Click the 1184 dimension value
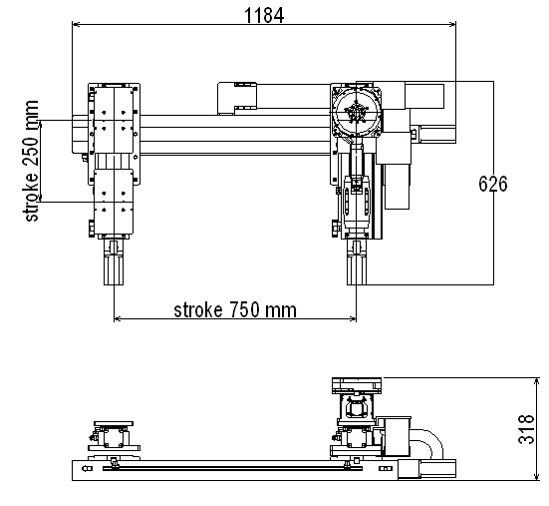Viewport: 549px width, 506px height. [x=264, y=16]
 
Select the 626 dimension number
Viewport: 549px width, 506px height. [x=492, y=184]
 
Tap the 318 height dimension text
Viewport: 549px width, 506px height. [x=526, y=429]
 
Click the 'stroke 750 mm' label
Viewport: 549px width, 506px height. [x=235, y=310]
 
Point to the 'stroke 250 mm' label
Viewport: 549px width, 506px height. [x=31, y=161]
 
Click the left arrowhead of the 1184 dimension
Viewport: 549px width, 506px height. [x=76, y=24]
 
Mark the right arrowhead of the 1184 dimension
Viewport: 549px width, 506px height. [x=452, y=24]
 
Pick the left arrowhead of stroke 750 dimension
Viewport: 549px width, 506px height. [x=118, y=318]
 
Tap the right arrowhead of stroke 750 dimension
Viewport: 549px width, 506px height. [x=353, y=318]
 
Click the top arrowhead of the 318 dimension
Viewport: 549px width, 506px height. [x=536, y=382]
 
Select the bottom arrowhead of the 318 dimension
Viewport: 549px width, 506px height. [x=536, y=476]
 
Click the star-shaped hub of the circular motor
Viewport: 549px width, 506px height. [x=356, y=112]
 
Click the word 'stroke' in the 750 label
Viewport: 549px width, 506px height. [x=198, y=310]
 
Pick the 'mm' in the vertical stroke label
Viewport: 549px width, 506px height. [x=31, y=110]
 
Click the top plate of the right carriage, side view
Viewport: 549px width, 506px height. [x=357, y=381]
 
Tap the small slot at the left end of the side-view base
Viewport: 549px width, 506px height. [x=87, y=468]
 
